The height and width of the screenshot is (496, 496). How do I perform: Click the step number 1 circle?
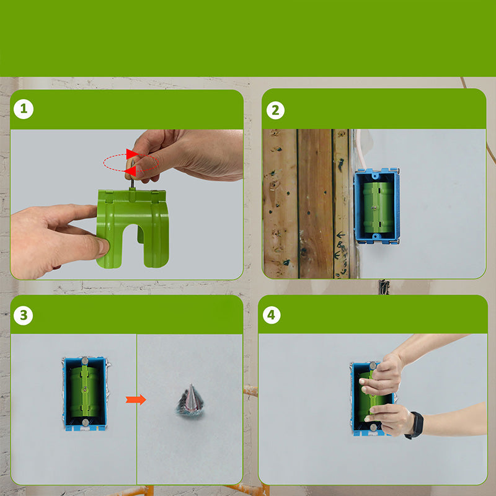(x=24, y=109)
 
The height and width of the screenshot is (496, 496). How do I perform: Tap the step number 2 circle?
(x=275, y=110)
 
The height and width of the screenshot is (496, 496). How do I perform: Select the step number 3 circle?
(x=24, y=316)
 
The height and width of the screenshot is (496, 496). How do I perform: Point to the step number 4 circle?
(x=272, y=315)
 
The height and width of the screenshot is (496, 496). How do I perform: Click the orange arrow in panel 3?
(x=136, y=399)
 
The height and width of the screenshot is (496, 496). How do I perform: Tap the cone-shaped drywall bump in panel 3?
(x=190, y=400)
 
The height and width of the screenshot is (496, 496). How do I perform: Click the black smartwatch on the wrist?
(x=415, y=425)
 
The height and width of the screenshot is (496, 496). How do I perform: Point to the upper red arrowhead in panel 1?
(x=132, y=154)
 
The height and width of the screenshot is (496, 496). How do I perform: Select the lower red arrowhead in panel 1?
(x=130, y=171)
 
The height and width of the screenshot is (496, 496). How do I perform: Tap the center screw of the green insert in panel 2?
(x=374, y=208)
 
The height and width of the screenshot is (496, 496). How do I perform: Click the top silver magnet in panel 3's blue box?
(x=85, y=361)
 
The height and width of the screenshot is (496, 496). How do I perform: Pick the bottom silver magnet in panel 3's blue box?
(x=85, y=422)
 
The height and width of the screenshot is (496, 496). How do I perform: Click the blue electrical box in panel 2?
(x=377, y=206)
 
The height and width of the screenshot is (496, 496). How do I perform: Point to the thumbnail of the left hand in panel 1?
(x=103, y=247)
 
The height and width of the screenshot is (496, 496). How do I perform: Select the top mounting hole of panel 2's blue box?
(x=375, y=174)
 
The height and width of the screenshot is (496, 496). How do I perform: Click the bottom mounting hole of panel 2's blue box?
(x=376, y=236)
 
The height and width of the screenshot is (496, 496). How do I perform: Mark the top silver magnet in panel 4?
(x=373, y=366)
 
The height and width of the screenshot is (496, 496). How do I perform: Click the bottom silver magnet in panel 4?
(x=374, y=428)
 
